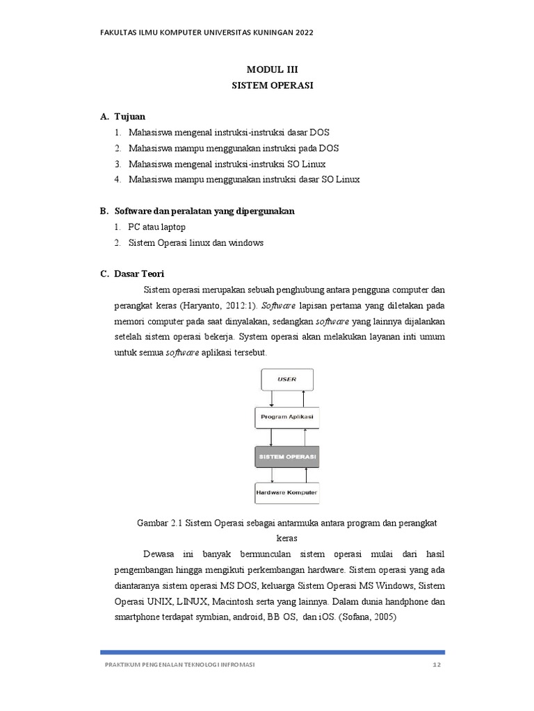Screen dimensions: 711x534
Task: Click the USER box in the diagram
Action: (286, 379)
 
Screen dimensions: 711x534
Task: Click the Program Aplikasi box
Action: (286, 417)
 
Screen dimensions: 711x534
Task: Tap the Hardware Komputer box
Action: (286, 492)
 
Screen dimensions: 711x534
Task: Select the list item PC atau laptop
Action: (156, 227)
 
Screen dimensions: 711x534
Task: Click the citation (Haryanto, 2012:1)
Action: (218, 306)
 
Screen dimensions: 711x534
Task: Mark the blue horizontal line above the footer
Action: (273, 652)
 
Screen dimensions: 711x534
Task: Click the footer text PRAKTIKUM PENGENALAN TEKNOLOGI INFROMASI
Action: (179, 665)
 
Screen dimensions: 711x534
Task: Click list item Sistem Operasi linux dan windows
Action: (195, 242)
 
